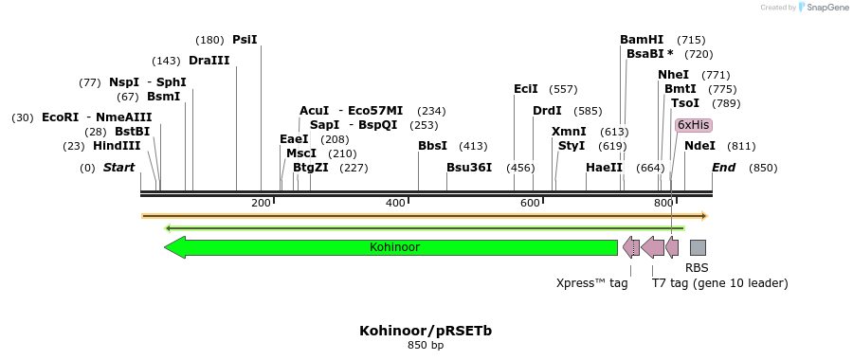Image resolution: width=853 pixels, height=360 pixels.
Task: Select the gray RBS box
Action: [698, 247]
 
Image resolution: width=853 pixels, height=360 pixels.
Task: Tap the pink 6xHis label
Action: [692, 125]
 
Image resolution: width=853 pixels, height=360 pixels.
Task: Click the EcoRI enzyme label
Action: [61, 117]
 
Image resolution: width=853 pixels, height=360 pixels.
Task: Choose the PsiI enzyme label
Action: [245, 40]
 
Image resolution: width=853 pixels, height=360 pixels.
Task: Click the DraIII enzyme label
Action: [209, 61]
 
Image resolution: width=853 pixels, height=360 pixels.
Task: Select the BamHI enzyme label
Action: [642, 40]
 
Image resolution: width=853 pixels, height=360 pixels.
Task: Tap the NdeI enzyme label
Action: [699, 146]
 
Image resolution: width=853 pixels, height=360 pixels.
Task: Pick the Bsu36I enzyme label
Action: [469, 168]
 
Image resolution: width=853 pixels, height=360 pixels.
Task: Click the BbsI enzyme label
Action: [432, 146]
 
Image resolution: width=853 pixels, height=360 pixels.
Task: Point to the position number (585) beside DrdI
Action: [588, 111]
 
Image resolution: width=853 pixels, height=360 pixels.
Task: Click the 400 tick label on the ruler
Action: [396, 204]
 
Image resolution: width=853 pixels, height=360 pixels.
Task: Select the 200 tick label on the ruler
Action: [261, 204]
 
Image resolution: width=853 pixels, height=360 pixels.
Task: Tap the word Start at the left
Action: [118, 168]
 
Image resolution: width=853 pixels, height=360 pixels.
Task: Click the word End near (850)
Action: [724, 168]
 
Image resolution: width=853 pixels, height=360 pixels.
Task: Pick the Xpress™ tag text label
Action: [592, 282]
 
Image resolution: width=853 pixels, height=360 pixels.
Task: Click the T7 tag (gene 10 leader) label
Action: [719, 282]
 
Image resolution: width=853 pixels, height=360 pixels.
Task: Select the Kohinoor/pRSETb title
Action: [426, 331]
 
